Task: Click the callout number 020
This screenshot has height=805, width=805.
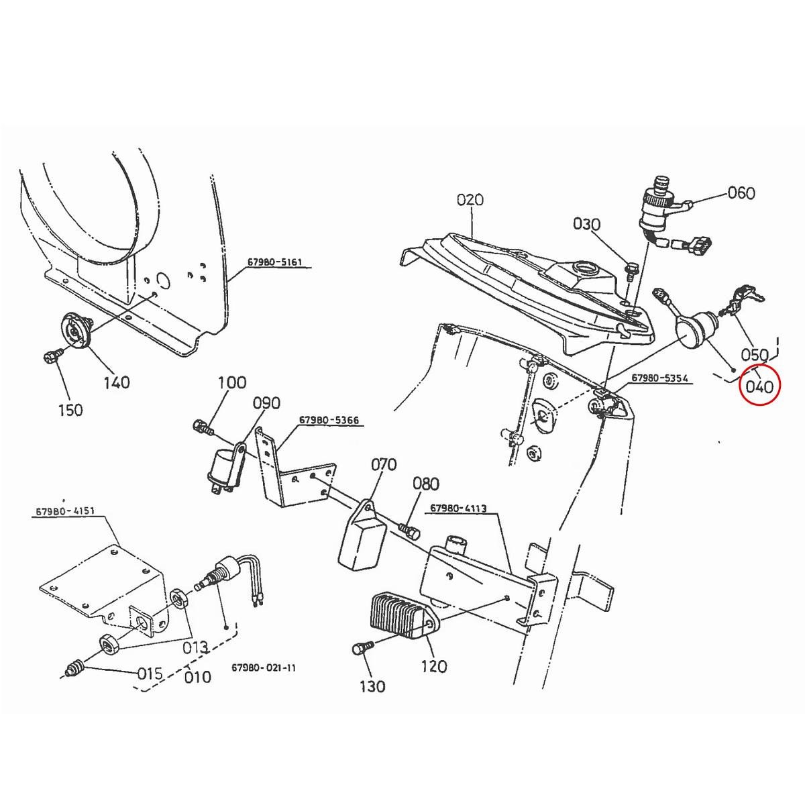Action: click(470, 199)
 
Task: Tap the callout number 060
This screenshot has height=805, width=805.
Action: click(741, 193)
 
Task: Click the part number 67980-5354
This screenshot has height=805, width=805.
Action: click(659, 379)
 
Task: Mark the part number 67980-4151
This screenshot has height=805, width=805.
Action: click(65, 512)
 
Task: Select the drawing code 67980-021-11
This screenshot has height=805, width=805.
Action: click(263, 668)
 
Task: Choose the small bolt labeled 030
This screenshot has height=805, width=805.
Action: click(631, 270)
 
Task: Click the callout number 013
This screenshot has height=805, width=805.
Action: click(196, 647)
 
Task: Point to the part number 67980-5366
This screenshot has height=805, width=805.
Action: click(329, 421)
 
